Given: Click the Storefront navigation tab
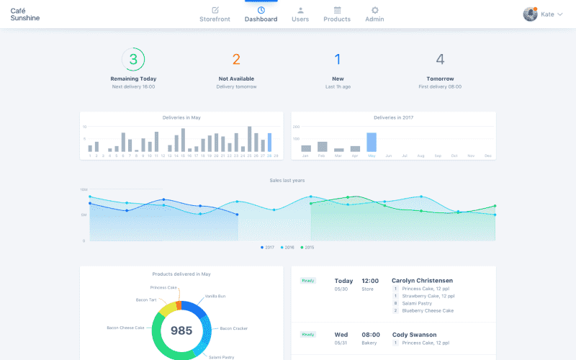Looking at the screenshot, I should pyautogui.click(x=215, y=14).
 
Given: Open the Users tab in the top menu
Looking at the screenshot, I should pyautogui.click(x=300, y=14).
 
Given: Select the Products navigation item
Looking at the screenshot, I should pyautogui.click(x=337, y=14).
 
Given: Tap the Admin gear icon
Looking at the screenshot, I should pyautogui.click(x=374, y=11).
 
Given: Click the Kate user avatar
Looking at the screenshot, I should pyautogui.click(x=530, y=14).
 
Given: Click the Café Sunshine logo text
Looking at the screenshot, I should pyautogui.click(x=25, y=14).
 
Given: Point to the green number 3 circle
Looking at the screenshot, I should pyautogui.click(x=133, y=59).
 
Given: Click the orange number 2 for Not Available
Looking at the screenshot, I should pyautogui.click(x=236, y=60).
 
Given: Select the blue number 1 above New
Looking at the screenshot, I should pyautogui.click(x=338, y=60).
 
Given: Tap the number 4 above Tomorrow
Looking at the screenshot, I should pyautogui.click(x=440, y=60).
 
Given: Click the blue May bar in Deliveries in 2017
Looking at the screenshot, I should pyautogui.click(x=372, y=142).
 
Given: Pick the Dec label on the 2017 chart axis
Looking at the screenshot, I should pyautogui.click(x=487, y=156).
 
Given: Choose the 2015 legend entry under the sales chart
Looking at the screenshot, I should pyautogui.click(x=307, y=247).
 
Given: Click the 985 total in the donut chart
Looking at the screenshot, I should pyautogui.click(x=181, y=330).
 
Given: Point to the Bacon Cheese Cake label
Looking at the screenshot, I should pyautogui.click(x=125, y=328).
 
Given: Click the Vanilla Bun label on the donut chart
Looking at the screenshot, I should pyautogui.click(x=215, y=296).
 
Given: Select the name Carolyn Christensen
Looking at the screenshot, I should pyautogui.click(x=422, y=281).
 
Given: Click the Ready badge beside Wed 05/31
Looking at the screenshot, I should pyautogui.click(x=308, y=334).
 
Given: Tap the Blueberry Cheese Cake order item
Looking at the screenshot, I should pyautogui.click(x=428, y=310).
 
